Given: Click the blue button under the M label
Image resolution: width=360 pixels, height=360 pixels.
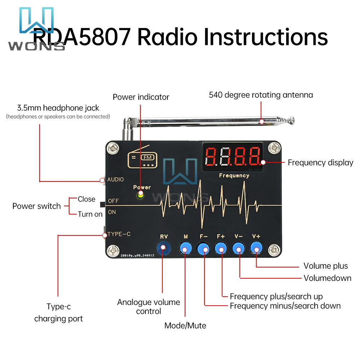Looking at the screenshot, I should [185, 248].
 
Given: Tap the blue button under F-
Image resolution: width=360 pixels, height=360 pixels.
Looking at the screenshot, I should [204, 248].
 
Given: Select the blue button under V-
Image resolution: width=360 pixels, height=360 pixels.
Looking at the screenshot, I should [238, 248].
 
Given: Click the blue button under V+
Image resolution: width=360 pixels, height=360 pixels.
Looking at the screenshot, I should [256, 248].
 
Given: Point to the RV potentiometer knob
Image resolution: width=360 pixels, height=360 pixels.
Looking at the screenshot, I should [163, 248].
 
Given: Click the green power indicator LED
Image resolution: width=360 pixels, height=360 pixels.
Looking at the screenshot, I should [140, 195].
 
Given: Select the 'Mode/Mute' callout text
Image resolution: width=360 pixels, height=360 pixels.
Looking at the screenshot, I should [185, 326].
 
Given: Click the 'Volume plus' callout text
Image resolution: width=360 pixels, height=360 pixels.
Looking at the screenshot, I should [325, 266].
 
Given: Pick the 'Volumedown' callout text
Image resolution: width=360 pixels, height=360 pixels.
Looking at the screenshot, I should [327, 278].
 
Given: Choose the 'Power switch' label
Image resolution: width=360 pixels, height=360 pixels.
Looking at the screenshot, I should [36, 206].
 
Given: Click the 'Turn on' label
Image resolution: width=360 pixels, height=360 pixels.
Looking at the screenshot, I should [90, 214].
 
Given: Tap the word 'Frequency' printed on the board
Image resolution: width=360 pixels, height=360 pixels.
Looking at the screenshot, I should [234, 176].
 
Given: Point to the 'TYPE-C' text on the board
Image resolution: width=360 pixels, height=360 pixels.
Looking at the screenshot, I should [119, 234].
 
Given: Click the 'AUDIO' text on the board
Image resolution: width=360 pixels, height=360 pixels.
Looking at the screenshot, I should [115, 180].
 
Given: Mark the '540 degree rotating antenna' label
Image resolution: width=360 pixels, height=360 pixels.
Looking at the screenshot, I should [261, 95].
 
